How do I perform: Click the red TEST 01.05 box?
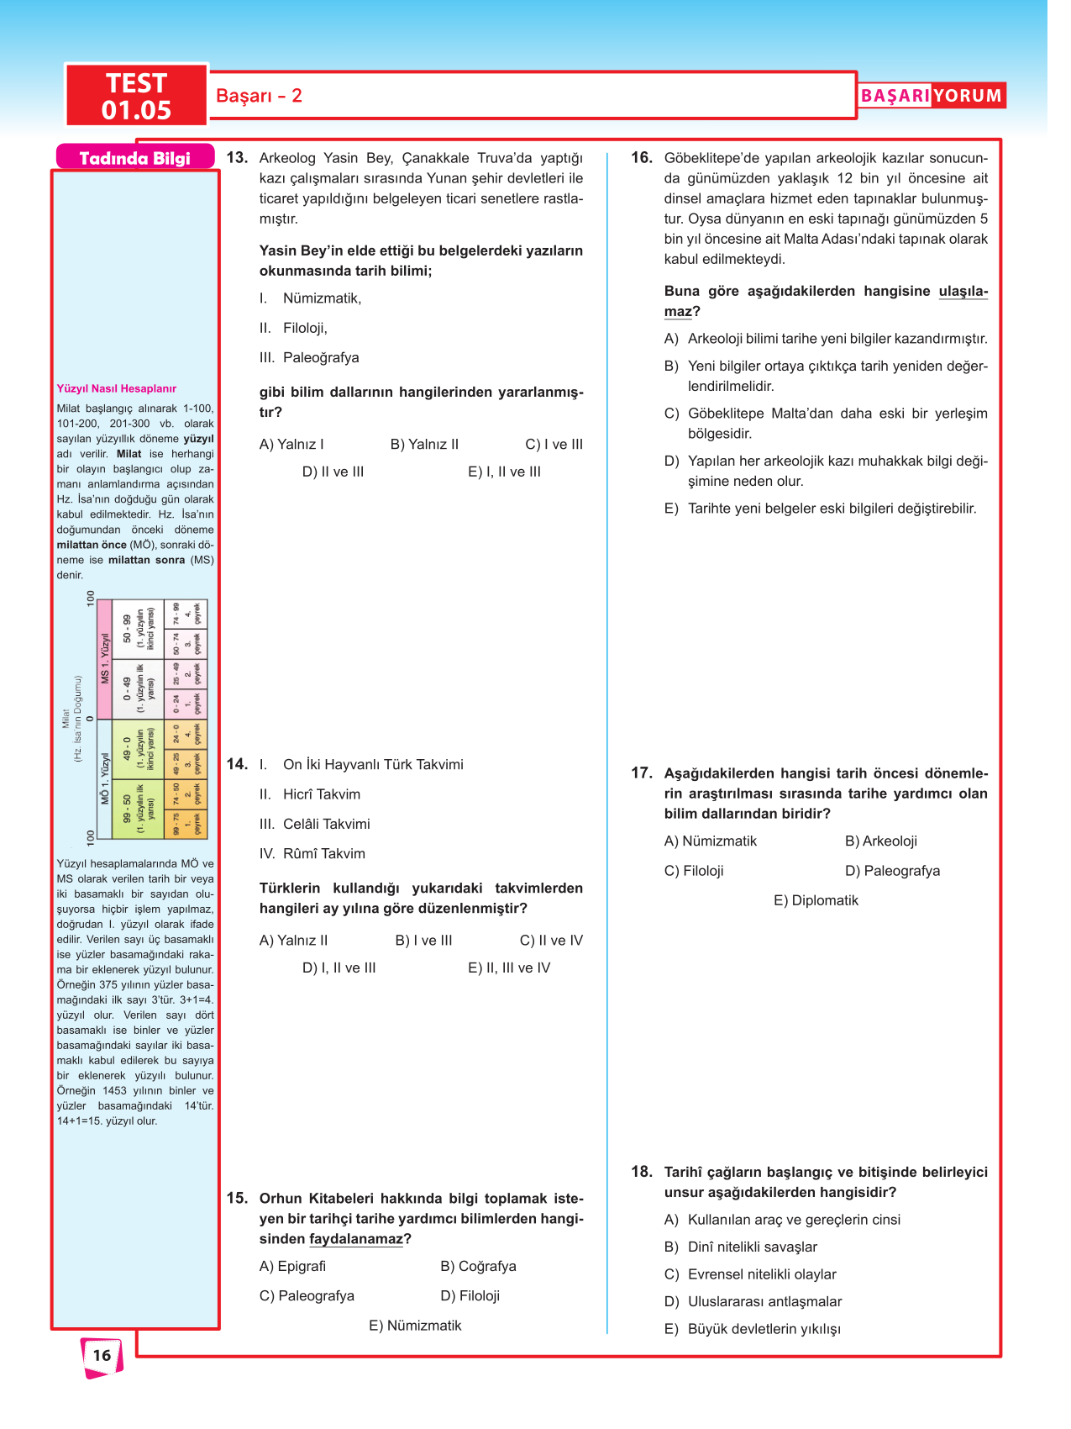136,96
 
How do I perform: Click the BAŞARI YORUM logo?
931,96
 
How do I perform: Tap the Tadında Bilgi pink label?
134,158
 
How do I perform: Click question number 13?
237,157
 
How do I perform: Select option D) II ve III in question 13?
333,472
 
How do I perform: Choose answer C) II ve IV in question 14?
550,940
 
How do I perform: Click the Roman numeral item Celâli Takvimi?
314,824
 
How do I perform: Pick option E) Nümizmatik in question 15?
415,1325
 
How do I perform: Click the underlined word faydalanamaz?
356,1239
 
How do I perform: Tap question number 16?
641,157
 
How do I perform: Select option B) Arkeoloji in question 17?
880,841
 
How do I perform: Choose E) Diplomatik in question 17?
816,900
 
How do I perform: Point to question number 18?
641,1172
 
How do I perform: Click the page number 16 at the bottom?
102,1355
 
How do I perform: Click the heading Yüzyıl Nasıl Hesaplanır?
117,388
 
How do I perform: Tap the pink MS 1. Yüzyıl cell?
105,660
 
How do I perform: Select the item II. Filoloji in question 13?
294,328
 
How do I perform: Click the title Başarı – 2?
259,96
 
